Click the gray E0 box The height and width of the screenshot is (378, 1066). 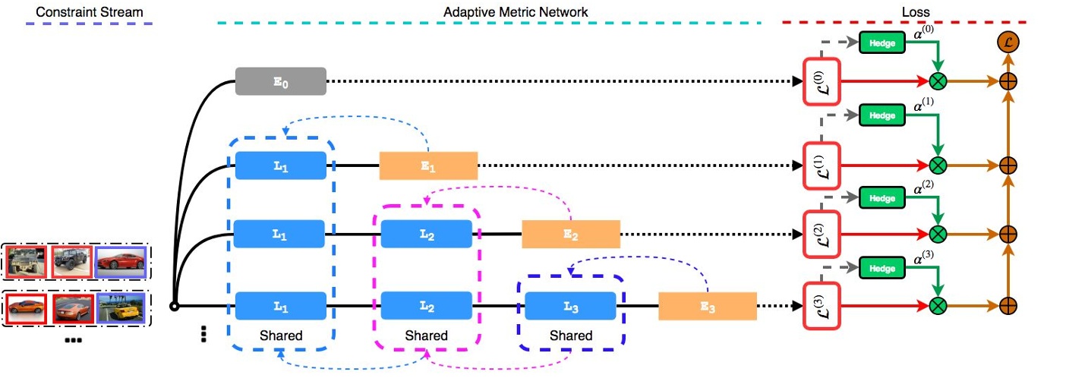click(280, 81)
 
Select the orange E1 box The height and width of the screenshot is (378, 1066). click(428, 165)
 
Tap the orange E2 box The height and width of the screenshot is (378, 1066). click(570, 234)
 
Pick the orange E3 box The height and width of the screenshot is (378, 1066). click(707, 306)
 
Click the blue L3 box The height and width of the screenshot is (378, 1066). click(570, 306)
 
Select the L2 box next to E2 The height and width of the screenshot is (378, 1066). click(426, 234)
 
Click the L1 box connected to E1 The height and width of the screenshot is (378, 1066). click(280, 165)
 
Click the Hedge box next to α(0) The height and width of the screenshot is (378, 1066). click(882, 43)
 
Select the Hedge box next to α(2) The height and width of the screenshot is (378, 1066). click(882, 198)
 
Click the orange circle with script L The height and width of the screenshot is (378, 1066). click(1008, 43)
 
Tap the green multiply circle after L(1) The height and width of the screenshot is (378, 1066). click(939, 164)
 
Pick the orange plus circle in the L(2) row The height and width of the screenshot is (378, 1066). click(1008, 233)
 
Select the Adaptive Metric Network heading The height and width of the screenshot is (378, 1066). click(516, 12)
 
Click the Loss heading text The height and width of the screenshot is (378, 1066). click(916, 12)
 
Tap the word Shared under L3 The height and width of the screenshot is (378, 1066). click(570, 335)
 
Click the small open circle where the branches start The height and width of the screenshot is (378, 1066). click(174, 307)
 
